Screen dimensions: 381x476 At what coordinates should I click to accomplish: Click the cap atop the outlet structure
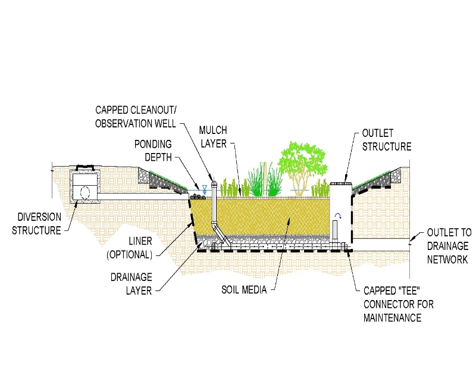coord(339,183)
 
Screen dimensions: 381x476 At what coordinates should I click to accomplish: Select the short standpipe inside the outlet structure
coord(336,230)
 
